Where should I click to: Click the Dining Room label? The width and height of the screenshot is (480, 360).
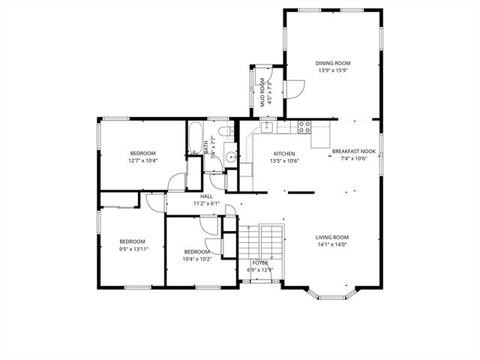coord(333,63)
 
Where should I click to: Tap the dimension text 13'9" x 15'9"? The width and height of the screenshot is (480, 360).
coord(333,70)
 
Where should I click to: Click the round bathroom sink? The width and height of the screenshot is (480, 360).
coord(231,157)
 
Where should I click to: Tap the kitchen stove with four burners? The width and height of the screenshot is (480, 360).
coord(304,126)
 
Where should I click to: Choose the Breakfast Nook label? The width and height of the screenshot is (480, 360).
coord(353,151)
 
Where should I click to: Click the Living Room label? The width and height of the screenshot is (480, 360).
coord(331,237)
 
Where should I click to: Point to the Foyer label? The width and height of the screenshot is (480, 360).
coord(259,262)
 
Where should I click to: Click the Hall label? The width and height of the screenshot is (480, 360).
coord(205,196)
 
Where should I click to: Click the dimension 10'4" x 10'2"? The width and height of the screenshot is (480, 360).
coord(196,259)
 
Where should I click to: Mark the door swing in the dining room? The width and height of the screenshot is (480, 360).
coord(296,89)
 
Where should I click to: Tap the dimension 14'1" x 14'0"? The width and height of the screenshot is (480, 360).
coord(331,244)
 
